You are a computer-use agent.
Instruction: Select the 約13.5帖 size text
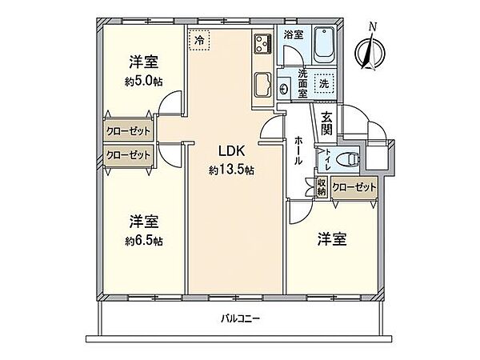click(232, 170)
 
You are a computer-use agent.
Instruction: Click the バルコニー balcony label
click(241, 319)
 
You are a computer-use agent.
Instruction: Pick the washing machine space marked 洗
click(325, 83)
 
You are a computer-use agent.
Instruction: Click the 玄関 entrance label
click(326, 126)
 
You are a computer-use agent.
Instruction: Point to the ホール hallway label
click(298, 150)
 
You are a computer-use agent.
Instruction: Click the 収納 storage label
click(321, 186)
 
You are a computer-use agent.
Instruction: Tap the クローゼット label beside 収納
click(353, 186)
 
